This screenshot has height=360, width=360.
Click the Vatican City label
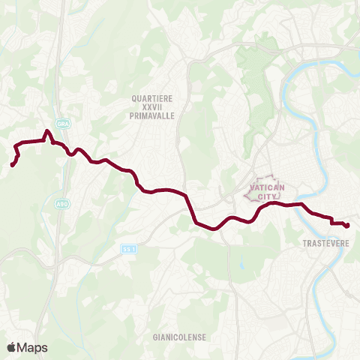point(264,193)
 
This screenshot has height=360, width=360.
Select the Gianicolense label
point(178,337)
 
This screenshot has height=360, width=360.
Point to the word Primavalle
point(151,116)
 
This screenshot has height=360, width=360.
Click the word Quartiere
point(151,98)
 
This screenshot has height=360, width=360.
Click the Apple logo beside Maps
point(12,347)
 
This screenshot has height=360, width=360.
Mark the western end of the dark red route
point(13,164)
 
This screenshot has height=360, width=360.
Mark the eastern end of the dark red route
point(348,225)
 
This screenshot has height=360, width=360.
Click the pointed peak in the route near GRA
point(48,132)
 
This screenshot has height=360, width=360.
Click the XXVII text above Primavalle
point(151,107)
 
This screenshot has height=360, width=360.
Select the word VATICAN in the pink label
point(264,188)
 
